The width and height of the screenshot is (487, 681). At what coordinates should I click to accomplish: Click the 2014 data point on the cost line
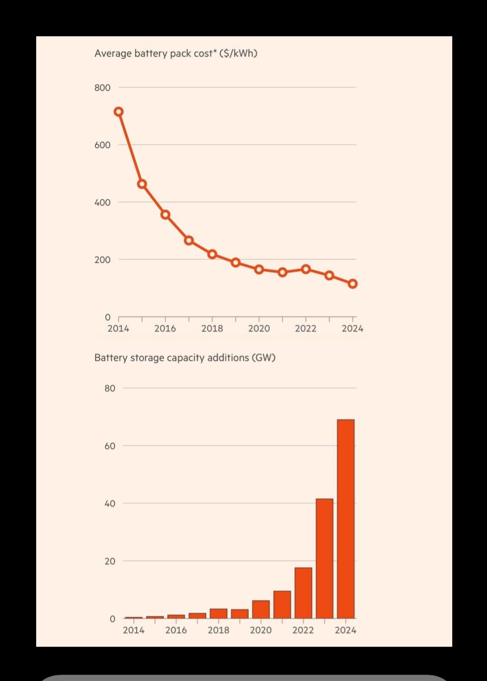118,112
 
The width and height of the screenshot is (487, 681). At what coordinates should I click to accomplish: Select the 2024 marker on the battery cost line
353,284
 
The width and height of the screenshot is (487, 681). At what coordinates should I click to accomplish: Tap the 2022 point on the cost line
306,269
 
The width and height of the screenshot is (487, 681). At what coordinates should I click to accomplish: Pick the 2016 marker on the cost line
165,215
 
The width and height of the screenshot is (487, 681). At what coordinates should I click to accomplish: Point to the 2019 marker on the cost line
236,262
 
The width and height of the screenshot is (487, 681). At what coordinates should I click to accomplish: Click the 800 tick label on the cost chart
102,88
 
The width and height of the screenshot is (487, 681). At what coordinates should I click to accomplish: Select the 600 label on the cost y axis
102,145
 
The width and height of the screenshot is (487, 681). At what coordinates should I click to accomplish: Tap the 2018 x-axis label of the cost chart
212,329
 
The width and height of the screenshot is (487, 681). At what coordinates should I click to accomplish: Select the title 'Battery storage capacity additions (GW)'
184,358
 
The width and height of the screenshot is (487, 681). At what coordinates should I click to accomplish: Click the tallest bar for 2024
346,519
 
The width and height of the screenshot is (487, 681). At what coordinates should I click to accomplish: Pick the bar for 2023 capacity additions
324,558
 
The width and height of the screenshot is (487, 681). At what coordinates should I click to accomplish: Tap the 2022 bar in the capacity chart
303,593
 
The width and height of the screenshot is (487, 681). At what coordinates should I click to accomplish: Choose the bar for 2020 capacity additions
261,609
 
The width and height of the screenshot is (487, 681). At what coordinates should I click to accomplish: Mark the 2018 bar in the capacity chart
218,613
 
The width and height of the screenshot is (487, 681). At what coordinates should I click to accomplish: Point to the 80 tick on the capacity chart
110,388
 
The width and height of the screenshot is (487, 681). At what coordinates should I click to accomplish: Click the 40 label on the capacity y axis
110,504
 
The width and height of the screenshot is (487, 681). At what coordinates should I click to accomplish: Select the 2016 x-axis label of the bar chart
176,630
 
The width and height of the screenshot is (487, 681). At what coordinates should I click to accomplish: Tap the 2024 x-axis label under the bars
345,630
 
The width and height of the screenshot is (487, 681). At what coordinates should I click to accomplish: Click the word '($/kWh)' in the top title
238,53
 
